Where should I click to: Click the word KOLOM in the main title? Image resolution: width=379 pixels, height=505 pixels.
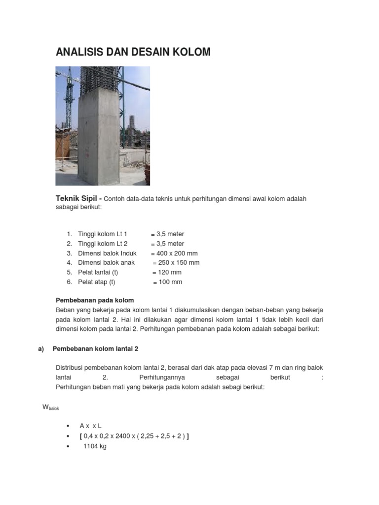coord(189,52)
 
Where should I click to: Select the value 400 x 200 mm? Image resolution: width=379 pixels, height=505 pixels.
coord(174,253)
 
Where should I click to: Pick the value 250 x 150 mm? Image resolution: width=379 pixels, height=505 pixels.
coord(176,263)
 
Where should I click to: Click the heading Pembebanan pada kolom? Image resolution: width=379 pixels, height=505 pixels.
coord(95,300)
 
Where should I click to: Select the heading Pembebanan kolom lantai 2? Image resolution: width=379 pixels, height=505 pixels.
coord(95,349)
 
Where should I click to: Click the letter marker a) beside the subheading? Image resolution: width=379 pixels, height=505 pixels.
coord(41,349)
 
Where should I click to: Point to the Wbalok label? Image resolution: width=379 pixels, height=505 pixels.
coord(51,407)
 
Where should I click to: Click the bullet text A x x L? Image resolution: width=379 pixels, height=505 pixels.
coord(90,425)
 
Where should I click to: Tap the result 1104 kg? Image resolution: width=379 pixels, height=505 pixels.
coord(95,446)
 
